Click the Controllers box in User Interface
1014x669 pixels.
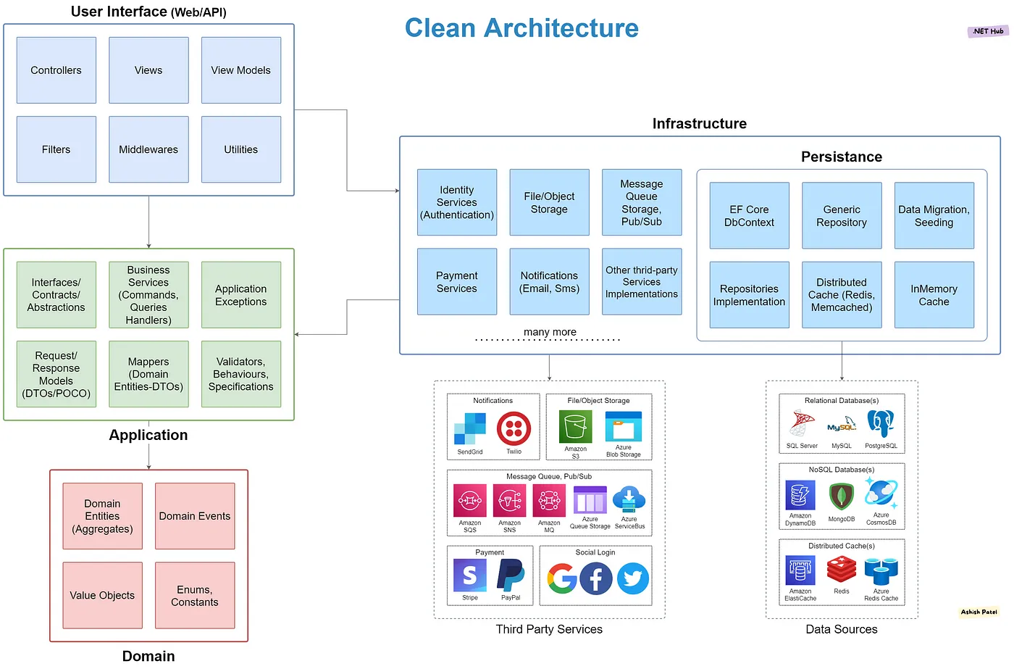[56, 70]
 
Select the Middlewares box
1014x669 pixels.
[148, 149]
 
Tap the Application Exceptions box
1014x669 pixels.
[241, 295]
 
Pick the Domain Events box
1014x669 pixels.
[195, 516]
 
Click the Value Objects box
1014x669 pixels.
[102, 595]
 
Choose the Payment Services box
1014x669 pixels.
[457, 282]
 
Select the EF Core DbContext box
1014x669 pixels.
[749, 216]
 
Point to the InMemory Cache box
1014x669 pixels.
[934, 295]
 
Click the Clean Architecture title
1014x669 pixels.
[521, 28]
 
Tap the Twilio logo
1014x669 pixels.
[514, 428]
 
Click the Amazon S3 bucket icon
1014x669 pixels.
[576, 427]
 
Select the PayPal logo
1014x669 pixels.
[511, 575]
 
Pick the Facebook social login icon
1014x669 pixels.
[596, 578]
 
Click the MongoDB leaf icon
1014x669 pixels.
[841, 497]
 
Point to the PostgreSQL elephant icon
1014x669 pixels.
[881, 423]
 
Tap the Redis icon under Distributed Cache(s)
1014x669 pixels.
[842, 570]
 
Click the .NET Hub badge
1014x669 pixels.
[988, 31]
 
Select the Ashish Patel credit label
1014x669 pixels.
[979, 612]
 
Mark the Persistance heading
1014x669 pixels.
[841, 157]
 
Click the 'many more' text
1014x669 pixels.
[550, 332]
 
